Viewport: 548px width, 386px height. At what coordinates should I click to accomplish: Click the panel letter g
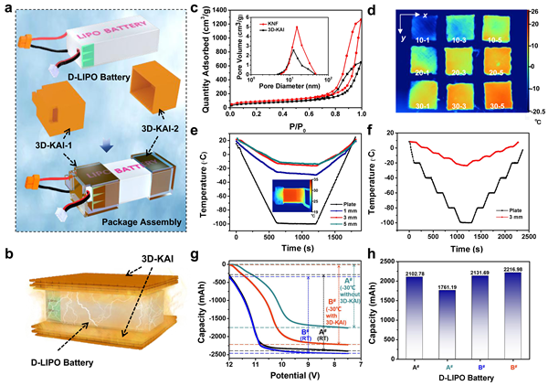click(x=216, y=257)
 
